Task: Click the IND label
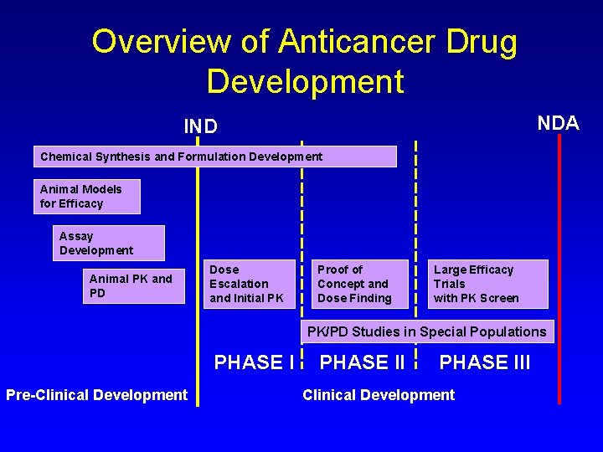tap(201, 127)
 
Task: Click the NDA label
tap(558, 124)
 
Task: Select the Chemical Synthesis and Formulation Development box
tap(215, 157)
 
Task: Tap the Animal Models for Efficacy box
tap(86, 197)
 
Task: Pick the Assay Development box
tap(108, 243)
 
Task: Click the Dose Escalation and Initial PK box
tap(249, 284)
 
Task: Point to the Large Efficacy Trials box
tap(489, 284)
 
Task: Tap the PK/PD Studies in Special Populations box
tap(426, 331)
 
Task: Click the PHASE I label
tap(254, 363)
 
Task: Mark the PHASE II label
tap(363, 363)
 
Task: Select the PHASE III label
tap(485, 363)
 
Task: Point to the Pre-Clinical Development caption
tap(96, 395)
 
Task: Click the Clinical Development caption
tap(379, 395)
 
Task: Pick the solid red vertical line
tap(559, 268)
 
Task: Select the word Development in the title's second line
tap(305, 81)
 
